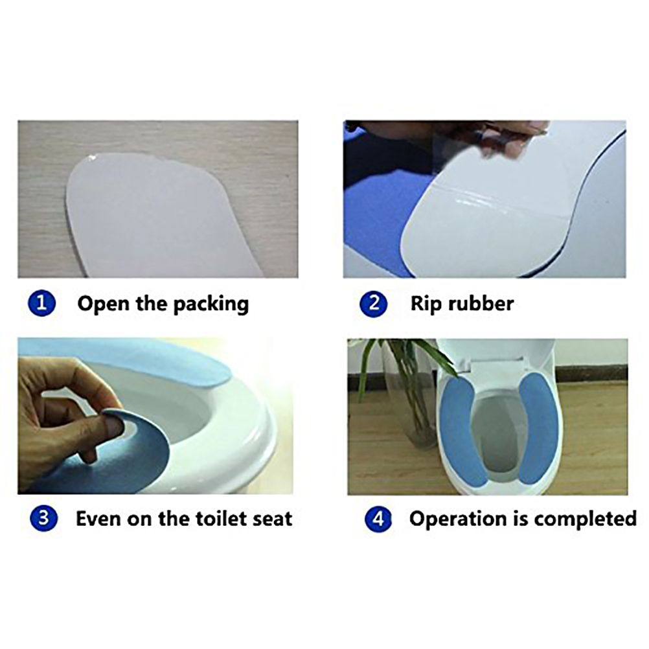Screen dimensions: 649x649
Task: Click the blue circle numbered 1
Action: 42,303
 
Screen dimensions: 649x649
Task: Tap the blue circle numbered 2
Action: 373,303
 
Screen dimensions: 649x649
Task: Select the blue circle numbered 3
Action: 43,518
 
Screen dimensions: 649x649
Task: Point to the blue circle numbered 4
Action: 378,519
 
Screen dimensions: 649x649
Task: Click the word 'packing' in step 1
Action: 211,304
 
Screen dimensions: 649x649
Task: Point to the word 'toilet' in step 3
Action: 221,518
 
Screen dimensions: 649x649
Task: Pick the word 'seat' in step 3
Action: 273,519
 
